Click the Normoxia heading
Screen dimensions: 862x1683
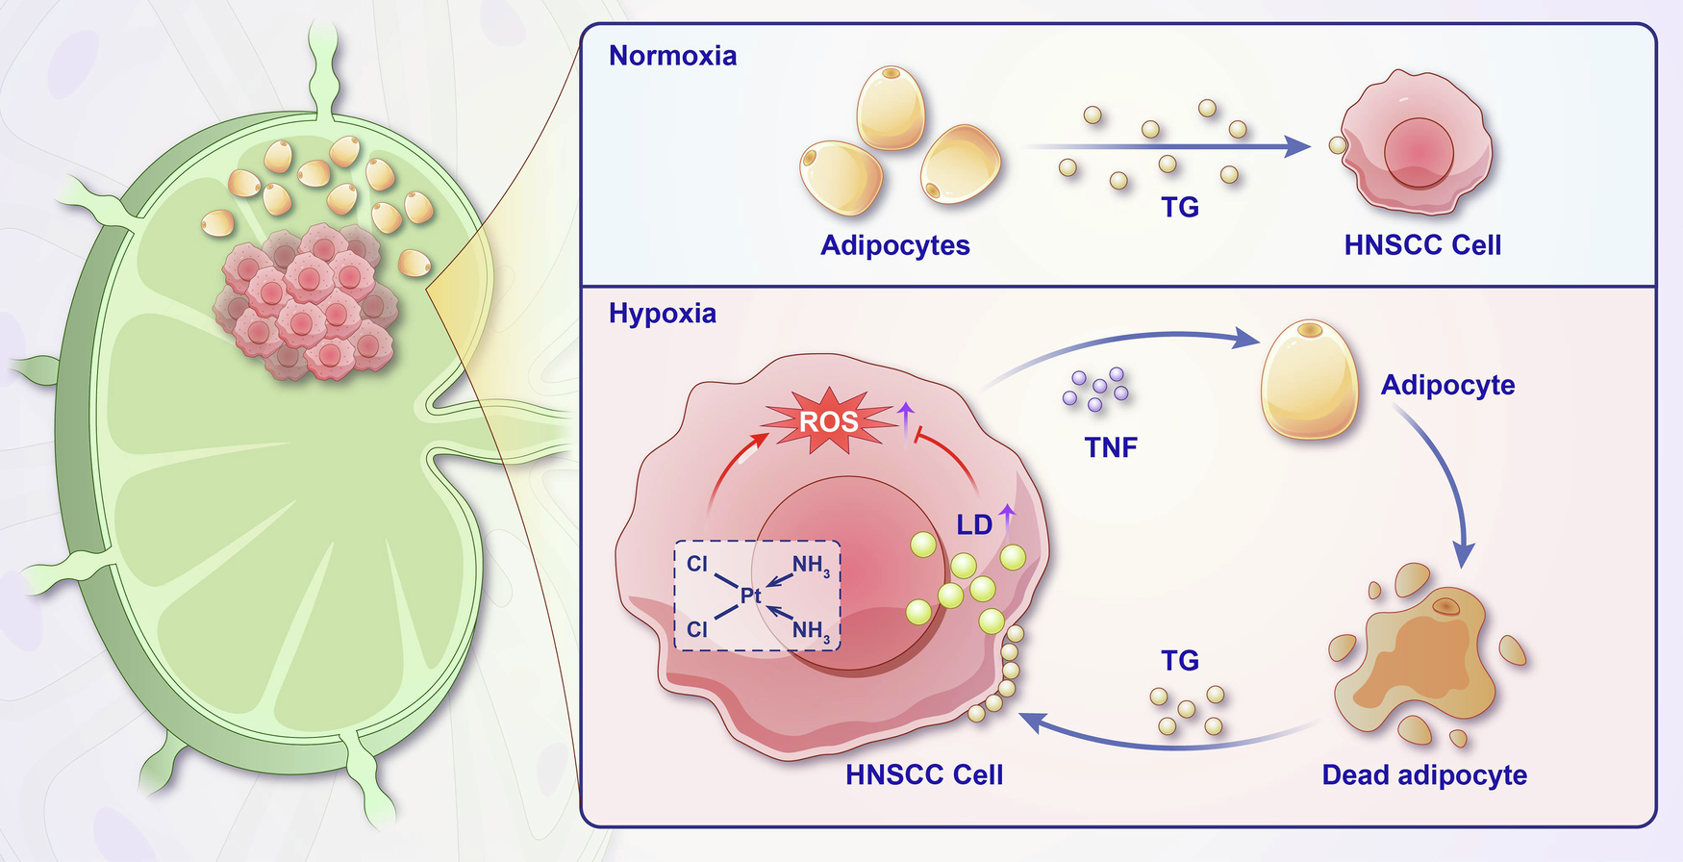[672, 56]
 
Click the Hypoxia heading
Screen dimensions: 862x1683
[662, 314]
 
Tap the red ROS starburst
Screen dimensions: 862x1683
[828, 421]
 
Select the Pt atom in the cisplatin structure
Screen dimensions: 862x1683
[750, 596]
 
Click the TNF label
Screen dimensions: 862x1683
[1111, 447]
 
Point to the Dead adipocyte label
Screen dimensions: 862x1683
[1424, 774]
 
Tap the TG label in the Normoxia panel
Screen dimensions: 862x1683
[1180, 207]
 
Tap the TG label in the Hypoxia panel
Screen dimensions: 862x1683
[1180, 661]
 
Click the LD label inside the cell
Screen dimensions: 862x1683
[974, 525]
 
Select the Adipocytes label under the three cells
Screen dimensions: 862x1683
[894, 245]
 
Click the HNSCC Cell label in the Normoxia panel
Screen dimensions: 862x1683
[1422, 245]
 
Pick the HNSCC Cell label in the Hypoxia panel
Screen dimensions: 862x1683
[924, 774]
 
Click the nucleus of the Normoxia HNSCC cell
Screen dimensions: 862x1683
[1419, 152]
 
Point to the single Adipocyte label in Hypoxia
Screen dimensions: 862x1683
[1447, 385]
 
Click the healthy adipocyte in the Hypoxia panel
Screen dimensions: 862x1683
[1309, 379]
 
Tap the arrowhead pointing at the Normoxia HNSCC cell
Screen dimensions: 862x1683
[1297, 147]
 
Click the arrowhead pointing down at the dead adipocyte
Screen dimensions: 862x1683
[1463, 555]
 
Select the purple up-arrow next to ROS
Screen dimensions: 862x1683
[905, 416]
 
